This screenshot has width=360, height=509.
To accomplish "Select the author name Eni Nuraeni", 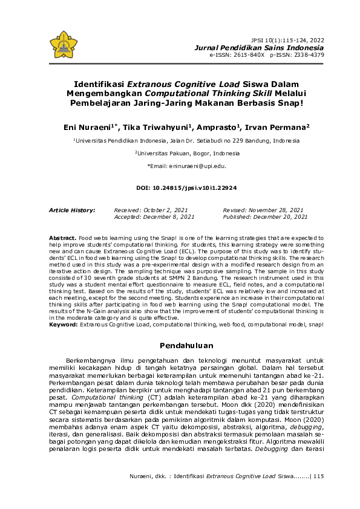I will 90,128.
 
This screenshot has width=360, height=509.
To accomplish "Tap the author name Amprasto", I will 219,128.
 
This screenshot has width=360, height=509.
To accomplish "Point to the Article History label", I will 71,210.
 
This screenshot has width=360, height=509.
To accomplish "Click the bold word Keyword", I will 63,325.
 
